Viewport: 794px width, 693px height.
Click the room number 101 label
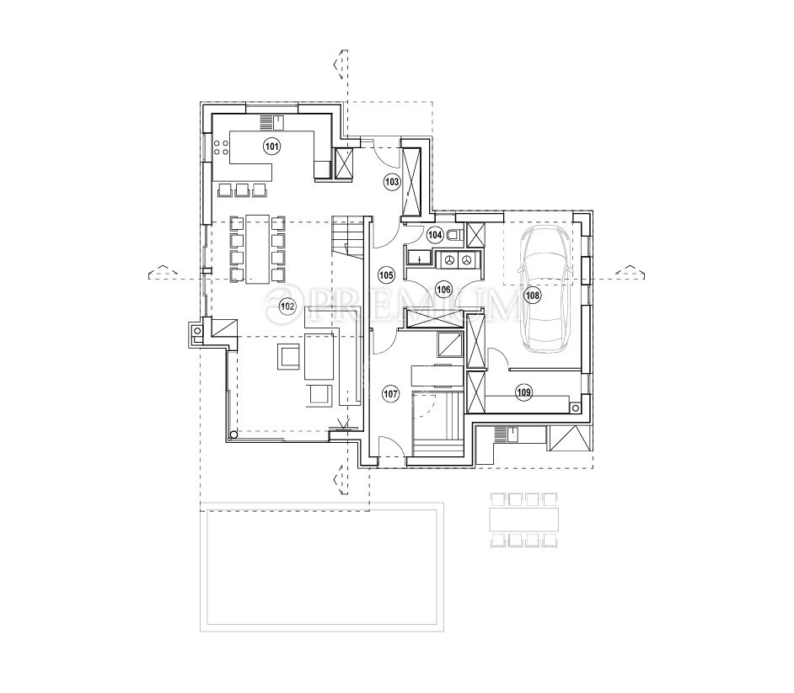pyautogui.click(x=271, y=146)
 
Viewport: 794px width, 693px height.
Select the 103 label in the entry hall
pyautogui.click(x=391, y=180)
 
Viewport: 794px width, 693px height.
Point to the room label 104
pyautogui.click(x=435, y=235)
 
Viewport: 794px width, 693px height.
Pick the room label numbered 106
pyautogui.click(x=444, y=289)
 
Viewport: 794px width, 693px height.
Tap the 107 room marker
pyautogui.click(x=390, y=392)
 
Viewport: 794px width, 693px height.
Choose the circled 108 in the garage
pyautogui.click(x=532, y=296)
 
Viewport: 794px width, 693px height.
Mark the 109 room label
pyautogui.click(x=523, y=391)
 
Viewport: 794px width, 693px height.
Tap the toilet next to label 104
pyautogui.click(x=455, y=235)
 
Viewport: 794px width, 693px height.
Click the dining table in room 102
pyautogui.click(x=256, y=249)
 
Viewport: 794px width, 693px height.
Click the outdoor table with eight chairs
pyautogui.click(x=524, y=520)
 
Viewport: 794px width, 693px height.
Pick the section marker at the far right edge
pyautogui.click(x=630, y=271)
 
